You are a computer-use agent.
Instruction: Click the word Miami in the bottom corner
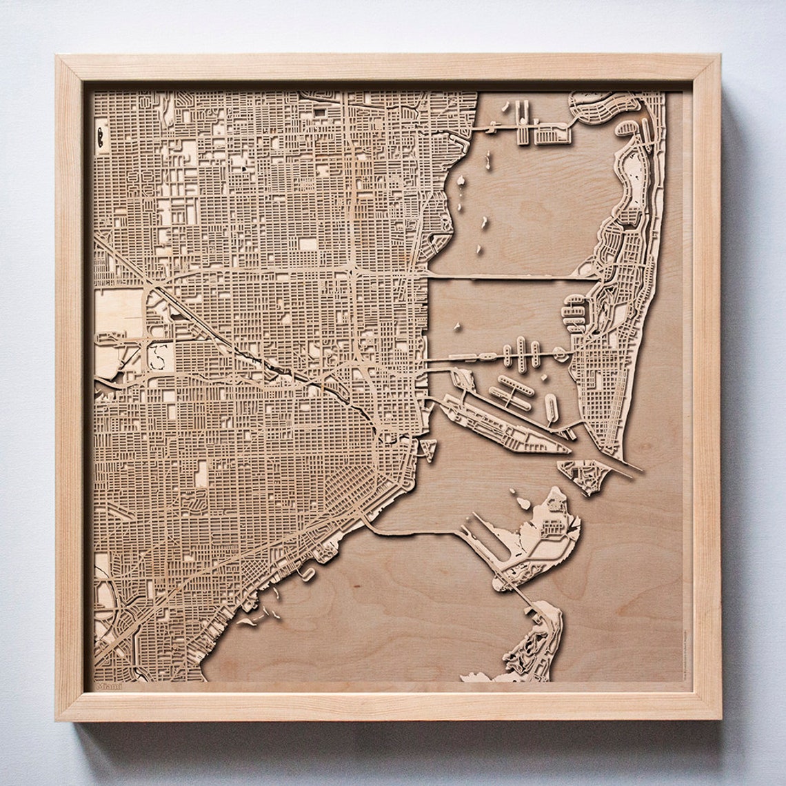pos(108,686)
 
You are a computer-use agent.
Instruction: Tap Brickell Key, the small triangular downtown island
pos(427,448)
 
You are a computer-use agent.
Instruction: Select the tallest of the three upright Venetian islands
pos(522,354)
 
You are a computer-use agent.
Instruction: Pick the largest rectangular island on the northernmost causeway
pos(552,134)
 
